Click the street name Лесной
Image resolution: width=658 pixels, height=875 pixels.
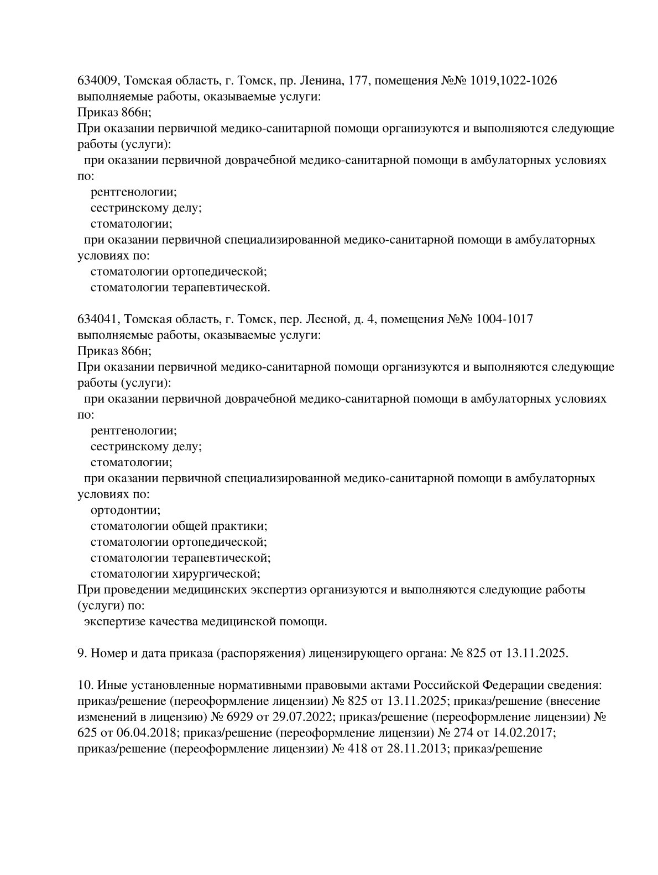tap(325, 319)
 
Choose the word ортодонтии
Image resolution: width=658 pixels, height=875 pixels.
tap(125, 510)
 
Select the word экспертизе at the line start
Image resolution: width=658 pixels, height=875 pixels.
tap(111, 622)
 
